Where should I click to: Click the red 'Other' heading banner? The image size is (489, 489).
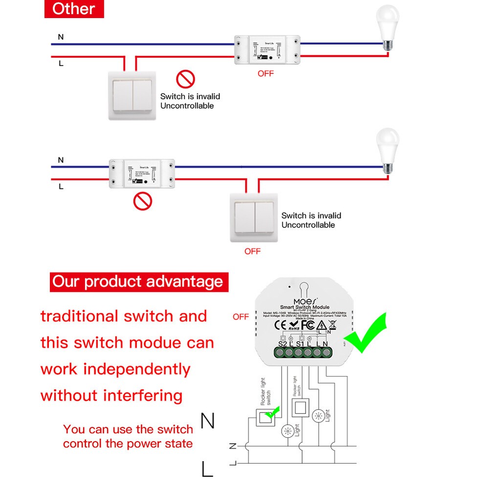point(74,9)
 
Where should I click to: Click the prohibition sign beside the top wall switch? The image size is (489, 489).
point(185,79)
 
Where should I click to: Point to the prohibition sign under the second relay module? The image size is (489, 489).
point(143,201)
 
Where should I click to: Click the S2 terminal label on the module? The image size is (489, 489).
point(282,344)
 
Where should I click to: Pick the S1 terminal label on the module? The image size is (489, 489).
point(300,344)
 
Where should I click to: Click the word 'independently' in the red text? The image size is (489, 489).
point(136,369)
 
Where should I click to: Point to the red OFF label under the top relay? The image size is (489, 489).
point(266,73)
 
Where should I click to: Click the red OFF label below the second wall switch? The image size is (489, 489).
point(252,251)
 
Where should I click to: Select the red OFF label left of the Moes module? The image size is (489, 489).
point(241,316)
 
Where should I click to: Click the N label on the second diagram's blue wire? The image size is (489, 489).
point(61,160)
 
